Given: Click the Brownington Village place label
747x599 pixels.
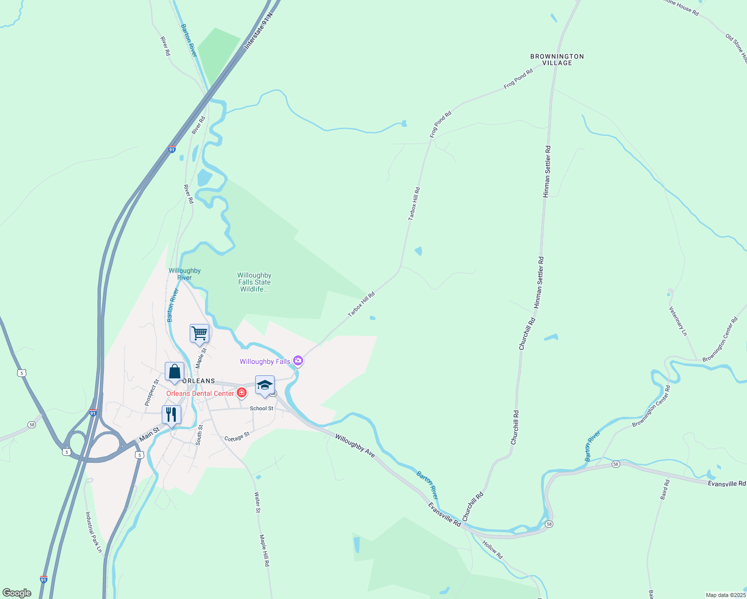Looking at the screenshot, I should [557, 59].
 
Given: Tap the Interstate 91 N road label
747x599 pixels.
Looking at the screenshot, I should [260, 31].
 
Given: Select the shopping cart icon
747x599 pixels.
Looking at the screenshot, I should [199, 333].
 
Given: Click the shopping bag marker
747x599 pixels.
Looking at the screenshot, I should [174, 371].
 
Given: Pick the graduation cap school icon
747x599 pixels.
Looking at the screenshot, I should [265, 385].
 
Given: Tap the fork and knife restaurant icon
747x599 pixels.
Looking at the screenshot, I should [171, 414].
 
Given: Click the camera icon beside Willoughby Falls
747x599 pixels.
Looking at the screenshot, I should [298, 360].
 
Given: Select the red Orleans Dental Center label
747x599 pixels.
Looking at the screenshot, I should [200, 393].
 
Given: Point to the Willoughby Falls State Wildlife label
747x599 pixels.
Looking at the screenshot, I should [254, 282].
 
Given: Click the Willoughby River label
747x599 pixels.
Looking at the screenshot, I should [185, 274].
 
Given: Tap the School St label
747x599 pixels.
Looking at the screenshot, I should [262, 408].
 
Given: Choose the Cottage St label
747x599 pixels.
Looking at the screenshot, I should [237, 437].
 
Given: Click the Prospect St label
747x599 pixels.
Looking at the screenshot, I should [151, 392].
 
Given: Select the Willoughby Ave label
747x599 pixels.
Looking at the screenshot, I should [355, 445].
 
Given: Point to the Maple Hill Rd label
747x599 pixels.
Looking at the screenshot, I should [264, 550].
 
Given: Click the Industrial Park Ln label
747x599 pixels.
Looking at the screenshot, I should [93, 532].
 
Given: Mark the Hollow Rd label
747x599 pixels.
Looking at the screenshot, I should [492, 549].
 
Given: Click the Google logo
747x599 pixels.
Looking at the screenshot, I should [17, 593].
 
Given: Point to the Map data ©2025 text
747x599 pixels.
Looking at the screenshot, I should [725, 595].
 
